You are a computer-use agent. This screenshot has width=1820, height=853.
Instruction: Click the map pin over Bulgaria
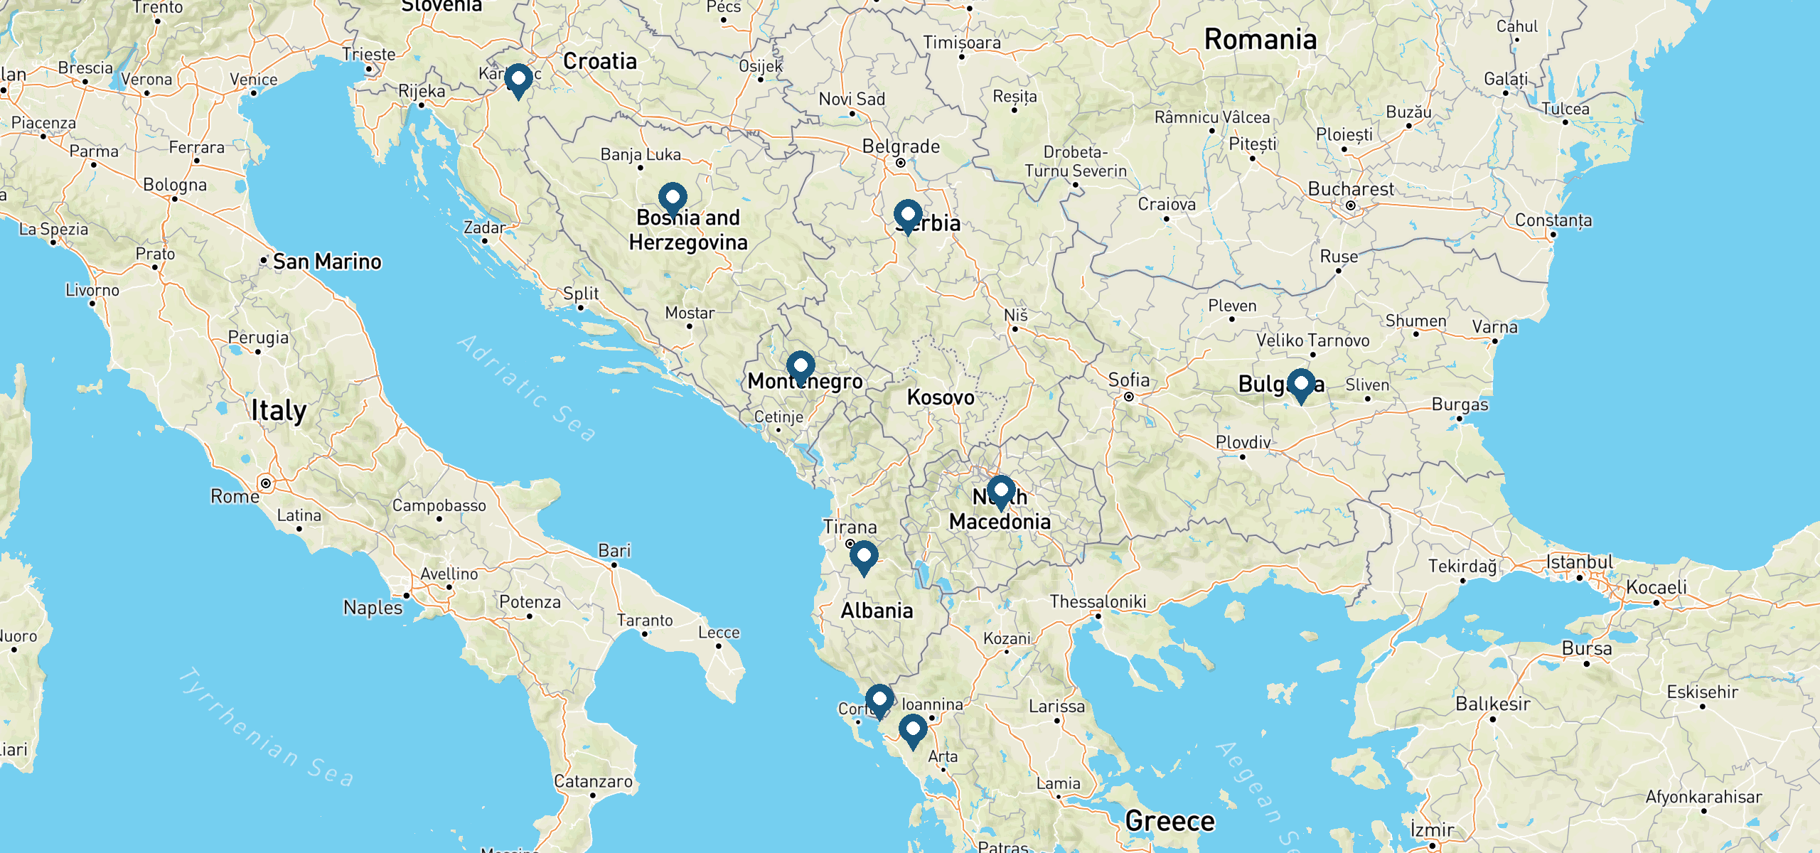click(1300, 385)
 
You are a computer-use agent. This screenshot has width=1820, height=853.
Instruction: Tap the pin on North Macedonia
click(1000, 492)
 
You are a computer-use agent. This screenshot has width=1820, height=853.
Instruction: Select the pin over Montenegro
click(801, 368)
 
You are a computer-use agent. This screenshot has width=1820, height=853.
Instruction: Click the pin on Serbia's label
click(908, 216)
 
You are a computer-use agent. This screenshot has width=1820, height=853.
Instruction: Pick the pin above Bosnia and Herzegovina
click(673, 199)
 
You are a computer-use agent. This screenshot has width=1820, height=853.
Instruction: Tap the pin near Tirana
click(864, 557)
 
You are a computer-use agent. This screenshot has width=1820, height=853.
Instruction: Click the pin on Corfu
click(879, 701)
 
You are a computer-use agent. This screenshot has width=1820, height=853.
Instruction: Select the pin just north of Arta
click(913, 731)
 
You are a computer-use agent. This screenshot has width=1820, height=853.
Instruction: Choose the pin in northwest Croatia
click(518, 80)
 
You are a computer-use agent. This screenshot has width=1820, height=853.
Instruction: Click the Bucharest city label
click(1351, 189)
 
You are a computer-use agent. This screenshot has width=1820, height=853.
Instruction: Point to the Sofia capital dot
click(1129, 397)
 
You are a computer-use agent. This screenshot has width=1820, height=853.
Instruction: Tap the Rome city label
click(235, 496)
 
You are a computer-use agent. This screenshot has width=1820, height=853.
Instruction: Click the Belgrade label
click(901, 146)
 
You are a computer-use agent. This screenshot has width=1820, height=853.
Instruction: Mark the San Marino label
click(327, 262)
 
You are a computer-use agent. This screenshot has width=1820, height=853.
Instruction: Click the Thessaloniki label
click(1098, 601)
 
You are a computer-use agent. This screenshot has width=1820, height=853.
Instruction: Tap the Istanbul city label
click(1580, 562)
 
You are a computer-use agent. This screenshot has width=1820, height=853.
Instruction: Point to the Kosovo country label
click(940, 397)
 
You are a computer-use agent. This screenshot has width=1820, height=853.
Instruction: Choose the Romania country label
click(1260, 39)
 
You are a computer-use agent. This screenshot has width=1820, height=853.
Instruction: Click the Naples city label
click(373, 607)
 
